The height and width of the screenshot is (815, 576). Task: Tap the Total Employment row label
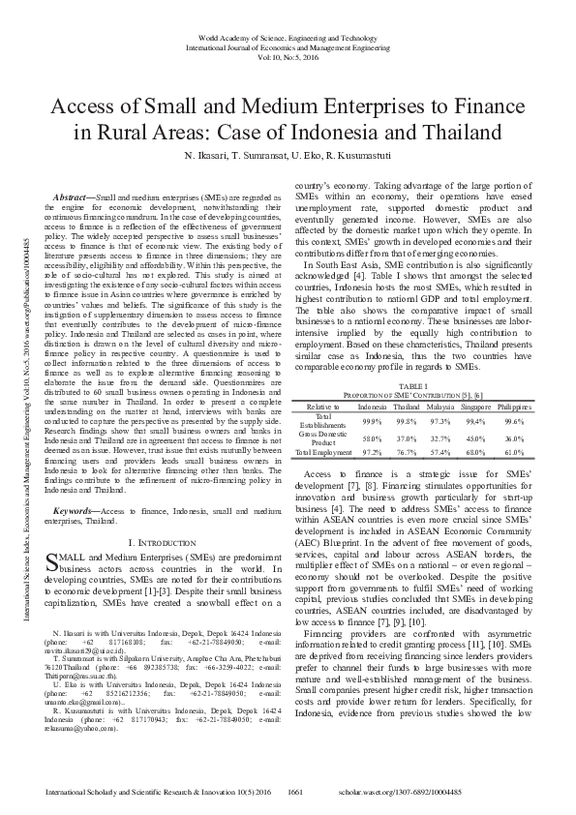tap(323, 451)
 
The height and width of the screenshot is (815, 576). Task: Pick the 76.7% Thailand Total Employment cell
tap(406, 451)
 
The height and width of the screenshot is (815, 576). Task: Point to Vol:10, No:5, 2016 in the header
tap(288, 55)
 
